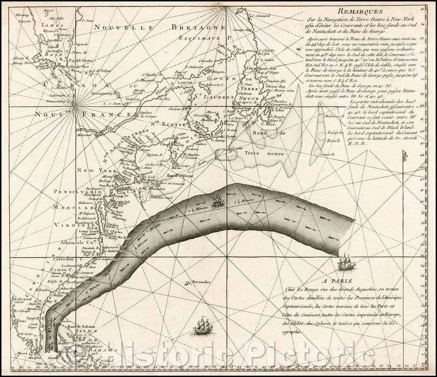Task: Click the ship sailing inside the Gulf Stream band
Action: tap(218, 200)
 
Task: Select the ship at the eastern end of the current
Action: tap(346, 262)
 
